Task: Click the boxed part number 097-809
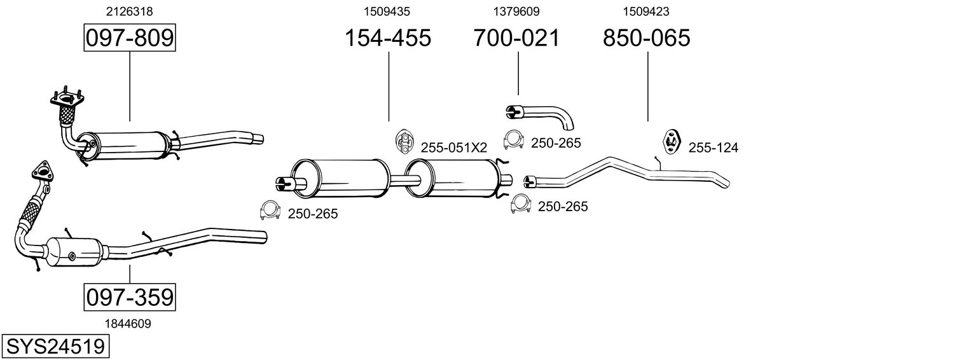point(129,38)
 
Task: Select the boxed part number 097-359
point(129,297)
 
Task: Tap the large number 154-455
point(388,38)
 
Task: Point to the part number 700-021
point(516,38)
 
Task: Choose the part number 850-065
point(647,38)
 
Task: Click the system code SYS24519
point(55,347)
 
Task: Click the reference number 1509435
point(387,11)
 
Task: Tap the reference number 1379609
point(516,11)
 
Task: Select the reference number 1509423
point(646,11)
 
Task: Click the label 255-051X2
point(453,148)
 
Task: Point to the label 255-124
point(713,148)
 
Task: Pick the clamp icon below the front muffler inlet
point(271,211)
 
